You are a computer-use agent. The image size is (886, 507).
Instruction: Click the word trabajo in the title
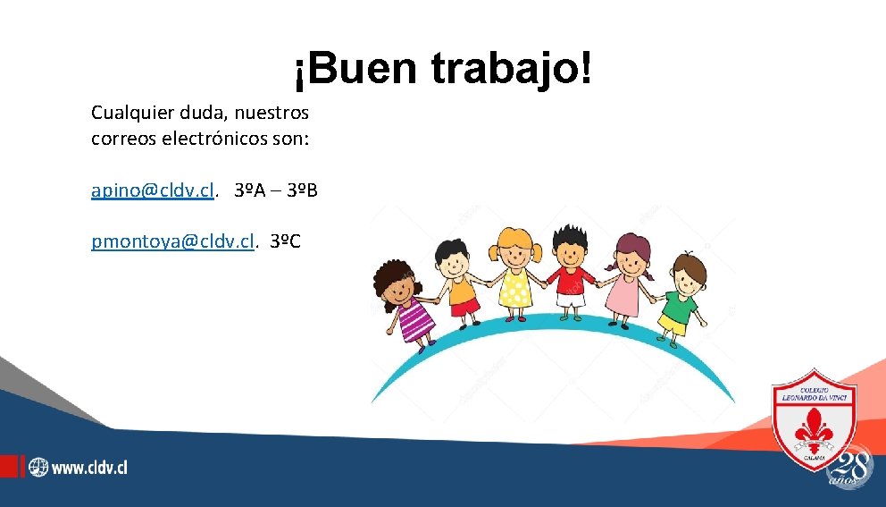point(511,69)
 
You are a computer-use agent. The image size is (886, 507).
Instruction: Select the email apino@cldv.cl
point(153,190)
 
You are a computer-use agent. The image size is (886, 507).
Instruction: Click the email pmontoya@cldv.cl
point(172,241)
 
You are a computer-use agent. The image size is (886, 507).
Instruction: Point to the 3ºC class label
point(286,241)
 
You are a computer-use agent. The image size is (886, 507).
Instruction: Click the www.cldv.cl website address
point(89,467)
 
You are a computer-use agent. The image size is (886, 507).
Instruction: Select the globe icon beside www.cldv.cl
point(38,467)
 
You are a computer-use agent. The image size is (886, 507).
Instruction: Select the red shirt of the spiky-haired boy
point(569,282)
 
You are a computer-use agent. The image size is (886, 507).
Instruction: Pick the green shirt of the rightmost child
point(679,308)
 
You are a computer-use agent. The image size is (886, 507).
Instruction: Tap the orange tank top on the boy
point(464,290)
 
